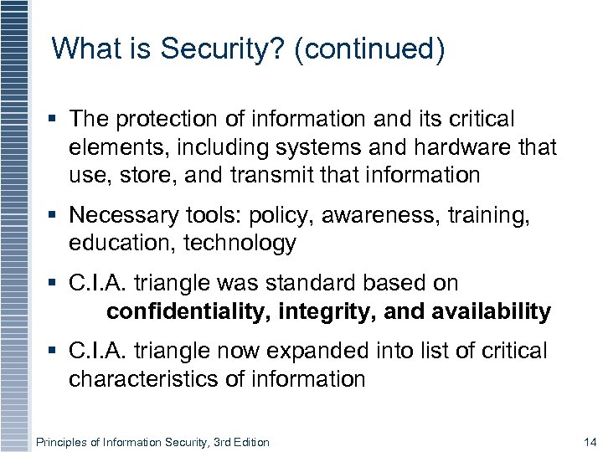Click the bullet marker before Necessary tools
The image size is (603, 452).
pyautogui.click(x=55, y=216)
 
